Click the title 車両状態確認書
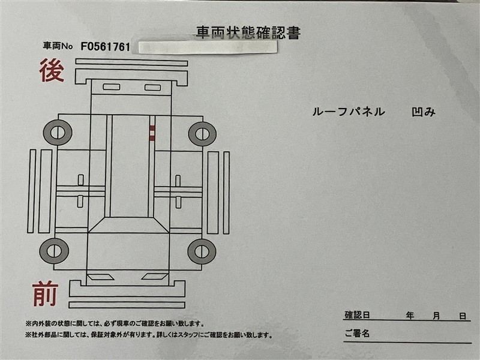click(248, 33)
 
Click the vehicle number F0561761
click(106, 47)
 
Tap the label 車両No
click(58, 46)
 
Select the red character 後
click(52, 71)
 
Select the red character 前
click(46, 293)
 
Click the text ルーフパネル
click(349, 112)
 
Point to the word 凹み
click(424, 112)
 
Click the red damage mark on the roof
click(152, 133)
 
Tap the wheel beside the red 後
click(58, 133)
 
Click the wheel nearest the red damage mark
click(202, 134)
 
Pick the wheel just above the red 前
click(54, 251)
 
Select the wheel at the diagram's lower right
click(202, 251)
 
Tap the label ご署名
click(357, 334)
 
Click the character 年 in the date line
click(410, 316)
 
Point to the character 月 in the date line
click(436, 316)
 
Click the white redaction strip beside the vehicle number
click(208, 47)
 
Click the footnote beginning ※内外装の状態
click(115, 323)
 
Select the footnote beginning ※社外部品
click(149, 335)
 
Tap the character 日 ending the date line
click(463, 316)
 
